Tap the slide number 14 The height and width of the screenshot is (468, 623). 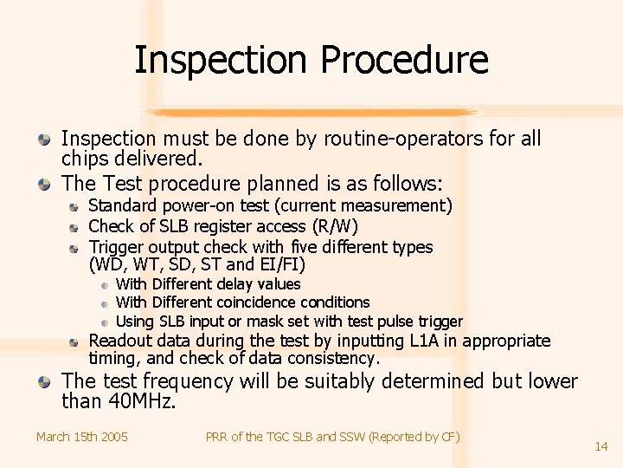(x=601, y=446)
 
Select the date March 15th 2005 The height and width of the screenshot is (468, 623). (x=82, y=437)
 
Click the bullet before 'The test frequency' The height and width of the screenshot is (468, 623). (x=44, y=381)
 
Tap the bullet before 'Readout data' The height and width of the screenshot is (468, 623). (x=75, y=341)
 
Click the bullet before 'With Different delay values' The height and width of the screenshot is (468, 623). (x=103, y=284)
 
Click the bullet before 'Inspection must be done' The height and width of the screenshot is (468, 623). (x=44, y=139)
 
